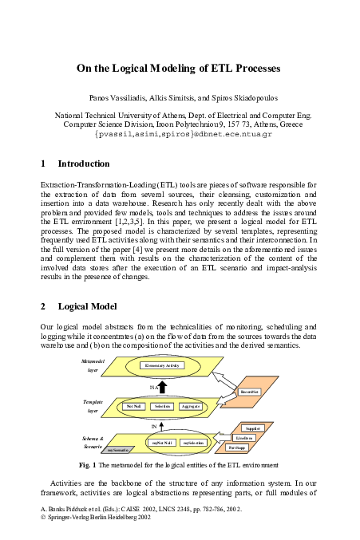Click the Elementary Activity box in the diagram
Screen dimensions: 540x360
[x=161, y=365]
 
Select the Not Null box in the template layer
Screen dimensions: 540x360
[x=134, y=406]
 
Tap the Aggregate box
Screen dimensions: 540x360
[x=191, y=406]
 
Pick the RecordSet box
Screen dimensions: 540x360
[x=251, y=392]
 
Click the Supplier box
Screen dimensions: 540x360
[x=252, y=428]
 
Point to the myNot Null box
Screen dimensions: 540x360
[x=163, y=442]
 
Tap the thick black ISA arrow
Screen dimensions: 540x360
[x=162, y=387]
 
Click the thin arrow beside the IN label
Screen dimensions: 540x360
[x=162, y=427]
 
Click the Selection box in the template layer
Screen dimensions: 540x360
[x=163, y=406]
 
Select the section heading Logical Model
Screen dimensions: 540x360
[x=88, y=306]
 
